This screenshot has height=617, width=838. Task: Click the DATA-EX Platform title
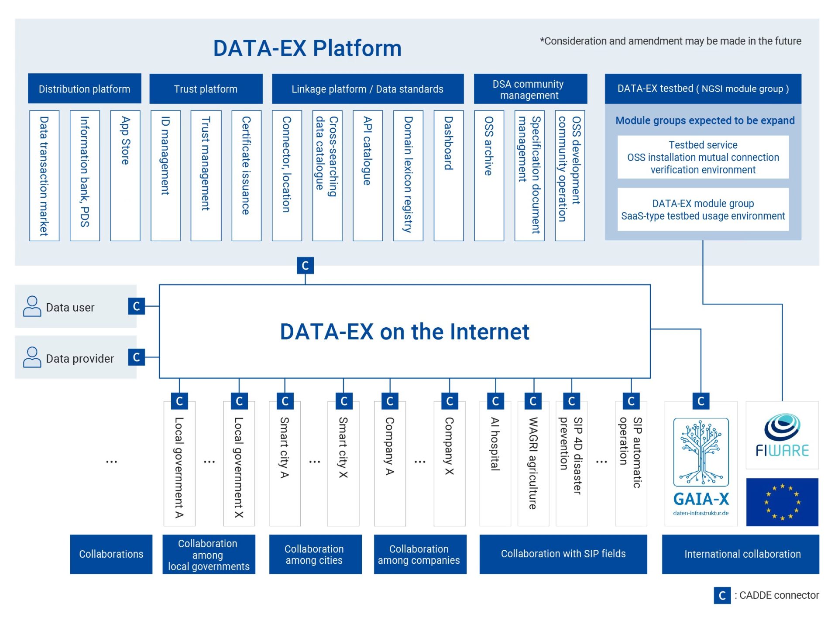click(307, 48)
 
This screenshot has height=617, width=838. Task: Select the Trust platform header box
click(206, 89)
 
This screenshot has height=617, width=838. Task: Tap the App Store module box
click(125, 175)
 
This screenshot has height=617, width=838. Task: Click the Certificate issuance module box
click(246, 175)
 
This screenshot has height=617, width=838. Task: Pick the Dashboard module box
click(448, 175)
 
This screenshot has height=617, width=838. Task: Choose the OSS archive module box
click(489, 175)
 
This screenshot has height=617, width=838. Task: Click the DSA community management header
click(530, 89)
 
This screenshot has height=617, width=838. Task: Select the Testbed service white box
click(703, 157)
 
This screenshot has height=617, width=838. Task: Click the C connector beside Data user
click(136, 306)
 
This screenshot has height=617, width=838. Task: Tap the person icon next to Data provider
click(32, 357)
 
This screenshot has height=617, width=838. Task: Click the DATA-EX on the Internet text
click(404, 332)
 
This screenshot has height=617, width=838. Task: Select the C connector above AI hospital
click(495, 401)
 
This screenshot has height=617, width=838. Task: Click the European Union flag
click(782, 502)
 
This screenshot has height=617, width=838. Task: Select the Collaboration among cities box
click(315, 554)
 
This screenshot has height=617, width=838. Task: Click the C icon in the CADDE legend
click(722, 595)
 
